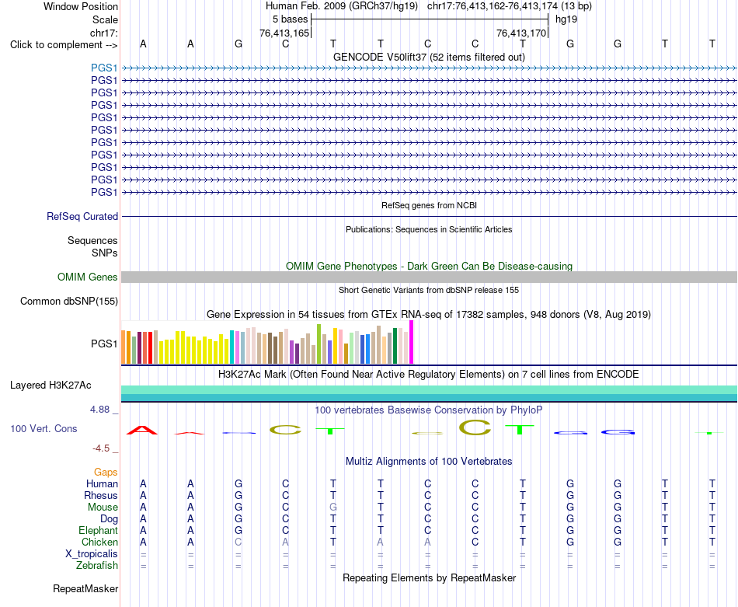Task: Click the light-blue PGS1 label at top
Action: coord(104,68)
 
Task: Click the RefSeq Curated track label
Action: coord(82,217)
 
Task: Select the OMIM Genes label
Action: coord(87,277)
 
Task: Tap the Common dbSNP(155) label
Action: coord(68,302)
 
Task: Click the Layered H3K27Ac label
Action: coord(50,385)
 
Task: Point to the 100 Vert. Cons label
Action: coord(44,428)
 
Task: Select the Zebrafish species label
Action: coord(97,565)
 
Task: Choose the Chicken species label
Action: coord(99,542)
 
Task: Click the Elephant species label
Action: coord(98,530)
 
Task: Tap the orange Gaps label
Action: coord(106,472)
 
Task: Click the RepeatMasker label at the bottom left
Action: coord(85,588)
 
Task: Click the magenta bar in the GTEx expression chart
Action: coord(412,342)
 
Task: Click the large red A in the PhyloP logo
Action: coord(142,430)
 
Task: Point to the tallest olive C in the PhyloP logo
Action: coord(475,427)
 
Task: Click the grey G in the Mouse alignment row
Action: coord(333,508)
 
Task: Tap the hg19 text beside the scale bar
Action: coord(566,19)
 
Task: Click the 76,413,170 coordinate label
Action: coord(521,33)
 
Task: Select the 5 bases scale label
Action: coord(290,19)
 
